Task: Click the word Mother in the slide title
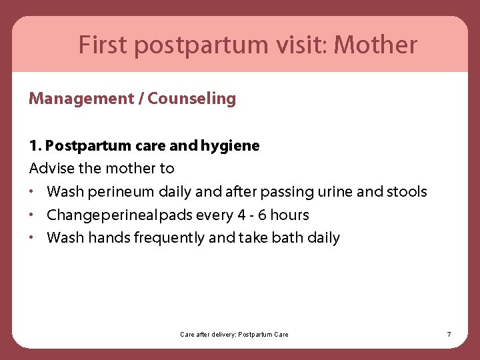[375, 45]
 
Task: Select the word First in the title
[103, 45]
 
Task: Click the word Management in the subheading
[81, 99]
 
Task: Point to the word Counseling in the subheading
[192, 99]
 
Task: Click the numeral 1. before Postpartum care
[35, 145]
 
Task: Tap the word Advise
[52, 169]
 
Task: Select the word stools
[407, 192]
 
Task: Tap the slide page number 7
[449, 334]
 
